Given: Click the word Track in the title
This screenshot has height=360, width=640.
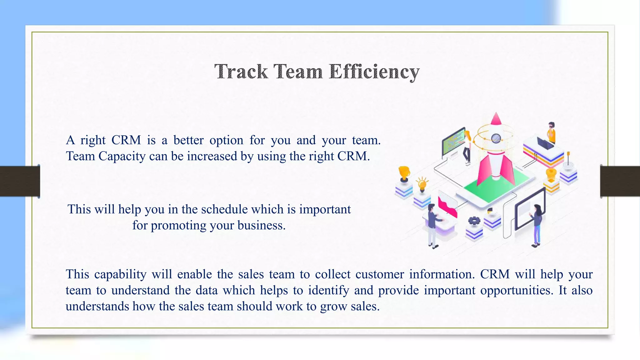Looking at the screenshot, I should [x=241, y=72].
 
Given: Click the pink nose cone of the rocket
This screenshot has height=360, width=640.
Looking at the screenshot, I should [x=496, y=119].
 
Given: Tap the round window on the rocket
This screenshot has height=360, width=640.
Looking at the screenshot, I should [x=496, y=138].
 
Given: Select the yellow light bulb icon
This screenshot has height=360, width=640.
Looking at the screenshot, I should [x=422, y=184].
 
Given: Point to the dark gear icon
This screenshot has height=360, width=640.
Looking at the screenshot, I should [x=474, y=221].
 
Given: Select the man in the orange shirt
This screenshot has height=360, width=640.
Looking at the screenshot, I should [x=552, y=132].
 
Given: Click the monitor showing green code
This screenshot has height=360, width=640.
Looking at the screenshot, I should [x=453, y=142].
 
